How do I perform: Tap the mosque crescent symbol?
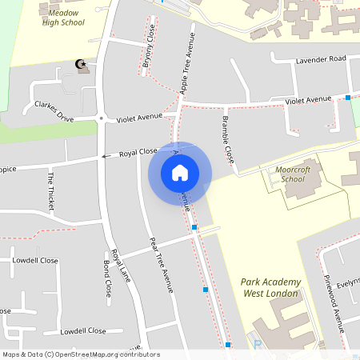(x=79, y=64)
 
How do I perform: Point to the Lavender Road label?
(x=320, y=59)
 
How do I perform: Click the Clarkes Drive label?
(x=54, y=111)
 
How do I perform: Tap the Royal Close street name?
(x=138, y=151)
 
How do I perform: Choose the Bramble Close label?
(x=227, y=138)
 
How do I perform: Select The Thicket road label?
(x=51, y=191)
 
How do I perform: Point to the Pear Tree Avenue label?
(x=162, y=265)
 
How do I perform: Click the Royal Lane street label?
(x=121, y=265)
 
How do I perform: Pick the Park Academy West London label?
(x=270, y=288)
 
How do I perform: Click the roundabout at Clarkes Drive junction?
(x=102, y=118)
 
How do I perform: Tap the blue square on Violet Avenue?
(x=348, y=98)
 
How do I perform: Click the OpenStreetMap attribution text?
(x=81, y=354)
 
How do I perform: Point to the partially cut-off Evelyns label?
(x=348, y=282)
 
